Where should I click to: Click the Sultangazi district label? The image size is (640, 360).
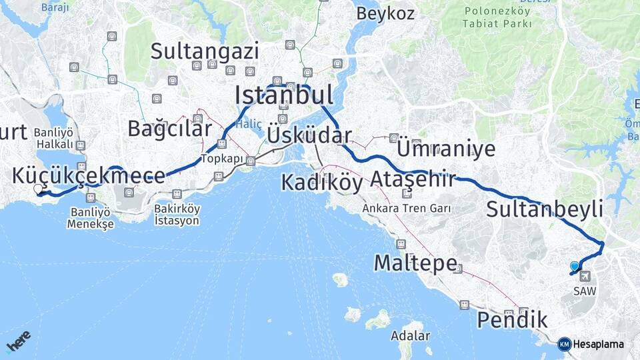tap(205, 51)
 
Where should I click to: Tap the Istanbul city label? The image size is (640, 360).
tap(284, 96)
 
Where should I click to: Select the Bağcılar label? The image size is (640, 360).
tap(170, 128)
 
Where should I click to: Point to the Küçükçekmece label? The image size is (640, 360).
tap(88, 176)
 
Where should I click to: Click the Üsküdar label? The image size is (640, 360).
tap(309, 136)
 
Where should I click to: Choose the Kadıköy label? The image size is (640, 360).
tap(322, 182)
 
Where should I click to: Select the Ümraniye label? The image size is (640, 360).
tap(446, 148)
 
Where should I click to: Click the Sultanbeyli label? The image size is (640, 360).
tap(545, 209)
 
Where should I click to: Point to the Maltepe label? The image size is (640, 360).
tap(415, 263)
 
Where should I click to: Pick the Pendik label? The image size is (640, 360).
tap(512, 320)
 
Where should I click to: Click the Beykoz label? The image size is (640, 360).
tap(385, 13)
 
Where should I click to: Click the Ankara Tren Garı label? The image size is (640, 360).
tap(407, 209)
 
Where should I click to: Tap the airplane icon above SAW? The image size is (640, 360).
tap(585, 276)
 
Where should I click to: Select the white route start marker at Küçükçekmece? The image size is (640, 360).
tap(38, 189)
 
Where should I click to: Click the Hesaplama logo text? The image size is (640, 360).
tap(599, 345)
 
